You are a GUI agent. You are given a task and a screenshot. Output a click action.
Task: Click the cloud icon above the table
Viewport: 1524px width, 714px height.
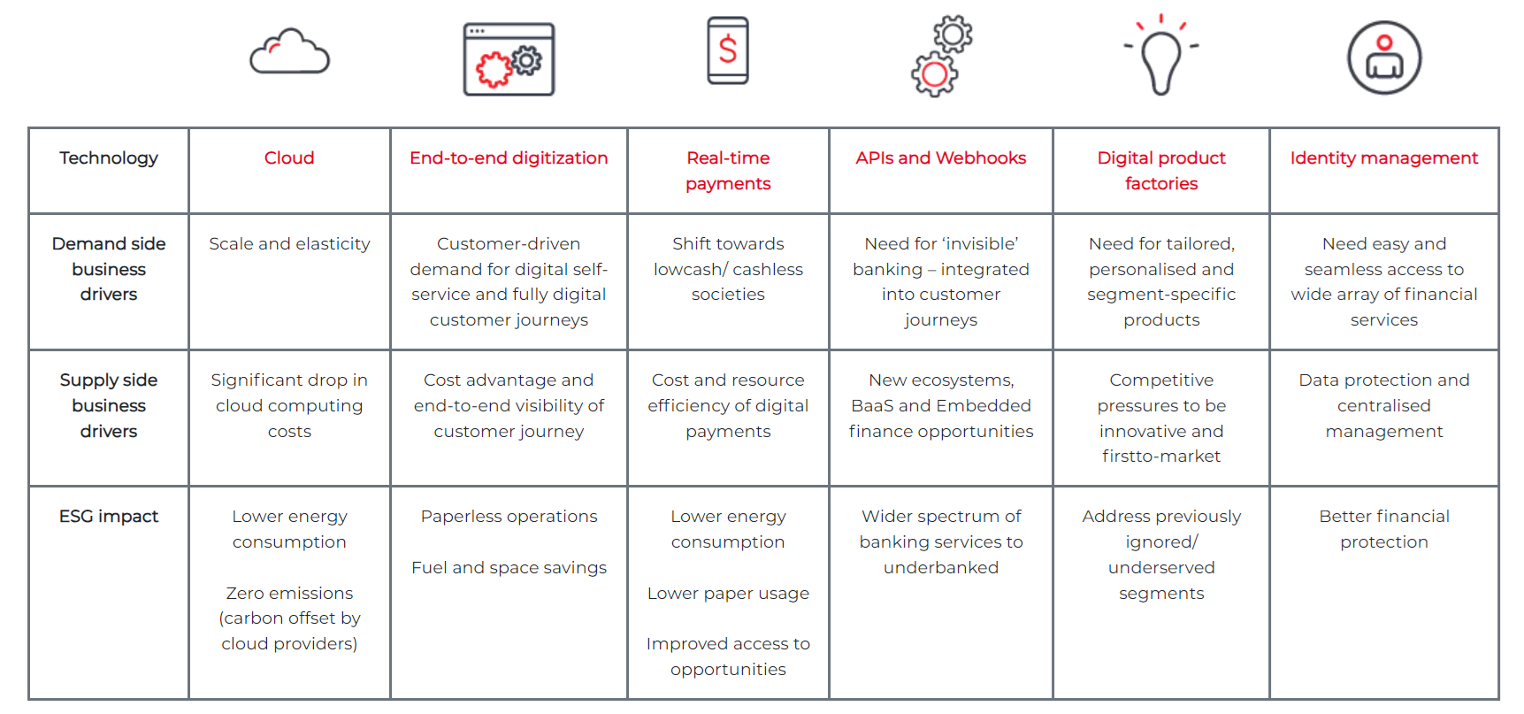click(289, 52)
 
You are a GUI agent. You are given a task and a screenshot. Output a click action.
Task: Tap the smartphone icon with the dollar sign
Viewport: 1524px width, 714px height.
click(728, 50)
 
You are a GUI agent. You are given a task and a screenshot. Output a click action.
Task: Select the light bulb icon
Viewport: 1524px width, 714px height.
click(1161, 55)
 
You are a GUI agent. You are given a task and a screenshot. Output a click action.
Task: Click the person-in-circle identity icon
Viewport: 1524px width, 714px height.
click(1384, 58)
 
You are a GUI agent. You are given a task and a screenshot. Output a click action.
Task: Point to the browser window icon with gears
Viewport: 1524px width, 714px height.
click(509, 59)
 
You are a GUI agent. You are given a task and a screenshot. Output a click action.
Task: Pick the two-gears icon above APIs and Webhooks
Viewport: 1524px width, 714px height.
click(942, 56)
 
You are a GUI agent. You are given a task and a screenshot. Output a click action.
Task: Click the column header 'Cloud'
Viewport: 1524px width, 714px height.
click(289, 157)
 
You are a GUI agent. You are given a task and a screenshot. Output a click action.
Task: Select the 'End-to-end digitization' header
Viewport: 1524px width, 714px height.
click(509, 157)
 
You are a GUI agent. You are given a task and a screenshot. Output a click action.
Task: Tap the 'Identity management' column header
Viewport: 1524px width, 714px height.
click(1384, 157)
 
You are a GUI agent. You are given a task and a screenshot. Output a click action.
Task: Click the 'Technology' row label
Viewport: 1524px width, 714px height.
click(109, 157)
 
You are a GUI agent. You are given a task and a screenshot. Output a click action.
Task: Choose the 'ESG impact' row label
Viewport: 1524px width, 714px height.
click(109, 516)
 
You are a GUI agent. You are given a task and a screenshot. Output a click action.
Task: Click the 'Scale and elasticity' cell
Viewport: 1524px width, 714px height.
click(289, 243)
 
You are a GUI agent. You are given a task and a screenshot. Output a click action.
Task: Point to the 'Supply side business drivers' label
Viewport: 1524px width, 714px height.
click(109, 405)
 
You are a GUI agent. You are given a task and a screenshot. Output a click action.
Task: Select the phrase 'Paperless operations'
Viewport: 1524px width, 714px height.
click(509, 516)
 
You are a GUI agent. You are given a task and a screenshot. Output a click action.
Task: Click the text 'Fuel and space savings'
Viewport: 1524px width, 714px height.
click(509, 567)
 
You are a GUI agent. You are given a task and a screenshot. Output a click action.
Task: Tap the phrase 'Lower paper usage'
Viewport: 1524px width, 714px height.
click(728, 593)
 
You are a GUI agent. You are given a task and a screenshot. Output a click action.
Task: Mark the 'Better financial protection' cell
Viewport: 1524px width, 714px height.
click(1384, 528)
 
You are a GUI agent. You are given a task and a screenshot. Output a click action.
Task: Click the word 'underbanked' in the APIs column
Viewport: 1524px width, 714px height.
click(941, 567)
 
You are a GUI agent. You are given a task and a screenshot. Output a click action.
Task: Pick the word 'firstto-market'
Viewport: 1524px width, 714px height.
click(1161, 456)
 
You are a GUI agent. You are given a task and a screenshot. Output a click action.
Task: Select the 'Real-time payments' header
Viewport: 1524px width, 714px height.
click(728, 170)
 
